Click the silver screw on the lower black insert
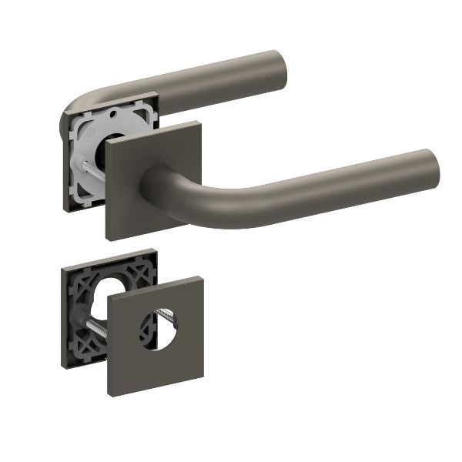[x=95, y=327]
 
